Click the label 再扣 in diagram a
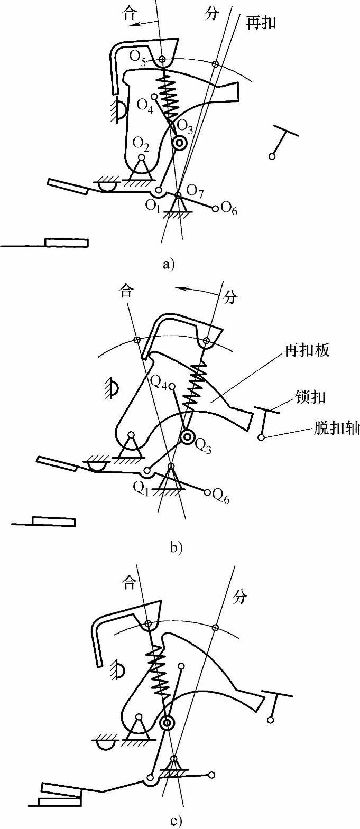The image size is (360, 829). click(x=262, y=23)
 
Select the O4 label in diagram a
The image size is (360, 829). click(x=144, y=104)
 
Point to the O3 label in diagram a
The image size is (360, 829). click(x=184, y=126)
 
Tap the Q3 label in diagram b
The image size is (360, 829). click(x=202, y=447)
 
